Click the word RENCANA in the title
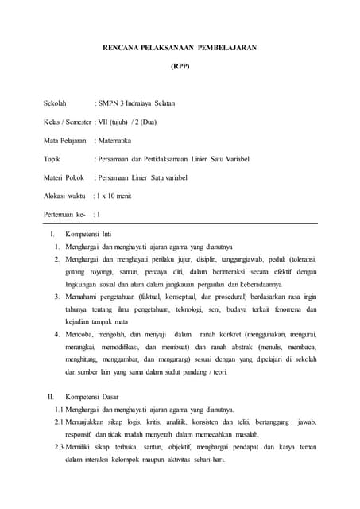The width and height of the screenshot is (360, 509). [x=122, y=48]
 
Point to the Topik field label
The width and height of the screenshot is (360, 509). [x=53, y=159]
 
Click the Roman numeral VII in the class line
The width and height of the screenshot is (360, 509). [x=103, y=122]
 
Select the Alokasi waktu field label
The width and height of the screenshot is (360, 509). [x=64, y=195]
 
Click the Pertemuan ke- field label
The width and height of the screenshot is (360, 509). [x=64, y=214]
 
